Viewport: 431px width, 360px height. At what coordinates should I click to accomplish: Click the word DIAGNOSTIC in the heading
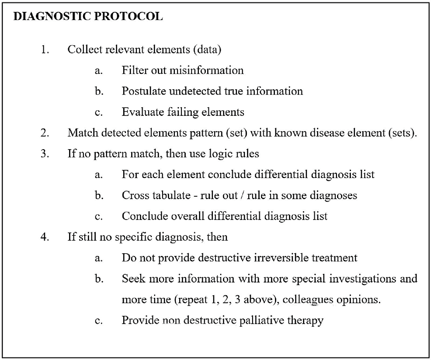click(52, 16)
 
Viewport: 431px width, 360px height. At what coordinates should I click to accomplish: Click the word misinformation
click(206, 70)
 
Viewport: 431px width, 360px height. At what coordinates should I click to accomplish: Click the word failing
click(183, 112)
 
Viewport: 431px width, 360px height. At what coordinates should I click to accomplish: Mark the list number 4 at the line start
click(45, 237)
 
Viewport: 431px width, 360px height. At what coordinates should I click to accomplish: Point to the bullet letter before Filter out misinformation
click(98, 71)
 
